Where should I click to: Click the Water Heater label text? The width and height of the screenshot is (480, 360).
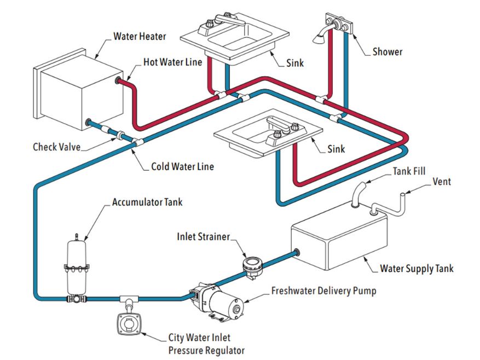pyautogui.click(x=139, y=37)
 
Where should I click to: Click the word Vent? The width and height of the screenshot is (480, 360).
pyautogui.click(x=442, y=182)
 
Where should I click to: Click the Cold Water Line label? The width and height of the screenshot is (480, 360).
pyautogui.click(x=182, y=166)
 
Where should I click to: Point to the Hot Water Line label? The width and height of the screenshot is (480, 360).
pyautogui.click(x=173, y=62)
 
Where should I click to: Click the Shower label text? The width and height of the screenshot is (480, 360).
pyautogui.click(x=387, y=52)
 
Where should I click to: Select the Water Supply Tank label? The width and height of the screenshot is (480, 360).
pyautogui.click(x=417, y=269)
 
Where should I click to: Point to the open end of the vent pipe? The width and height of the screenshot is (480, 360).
pyautogui.click(x=402, y=194)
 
